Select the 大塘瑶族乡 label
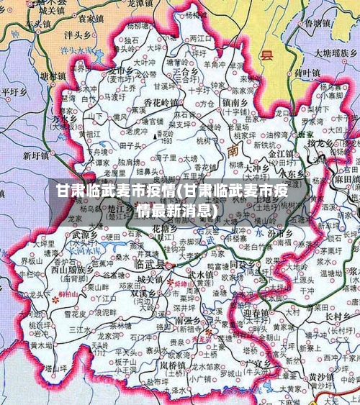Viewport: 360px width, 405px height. click(331, 53)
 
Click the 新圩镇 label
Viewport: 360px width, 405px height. click(36, 155)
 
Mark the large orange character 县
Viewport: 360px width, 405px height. click(267, 55)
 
